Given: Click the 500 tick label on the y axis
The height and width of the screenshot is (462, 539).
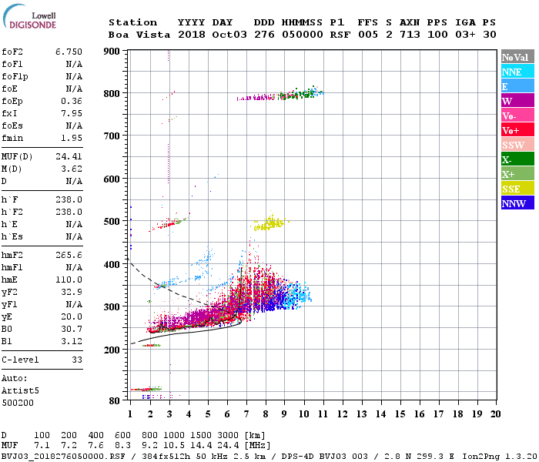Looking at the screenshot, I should click(x=112, y=222).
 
